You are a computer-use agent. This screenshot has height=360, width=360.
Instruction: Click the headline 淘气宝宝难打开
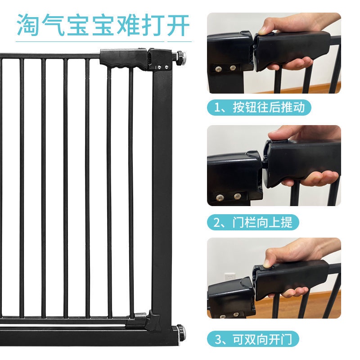103,25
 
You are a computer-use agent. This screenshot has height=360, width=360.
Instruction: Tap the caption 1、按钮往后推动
259,108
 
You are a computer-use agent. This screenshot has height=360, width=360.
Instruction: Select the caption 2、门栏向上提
253,222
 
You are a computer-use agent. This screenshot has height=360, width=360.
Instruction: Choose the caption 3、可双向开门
253,339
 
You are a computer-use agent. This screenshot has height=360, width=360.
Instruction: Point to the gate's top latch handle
124,58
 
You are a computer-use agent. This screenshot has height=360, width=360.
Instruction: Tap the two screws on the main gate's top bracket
163,67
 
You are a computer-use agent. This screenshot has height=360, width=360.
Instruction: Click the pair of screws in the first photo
225,68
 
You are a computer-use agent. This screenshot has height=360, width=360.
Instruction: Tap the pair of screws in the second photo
229,197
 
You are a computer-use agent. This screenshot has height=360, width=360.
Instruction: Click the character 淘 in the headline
28,25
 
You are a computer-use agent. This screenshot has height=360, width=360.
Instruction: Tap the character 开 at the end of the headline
178,25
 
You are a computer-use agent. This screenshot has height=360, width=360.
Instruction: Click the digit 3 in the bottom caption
218,339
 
